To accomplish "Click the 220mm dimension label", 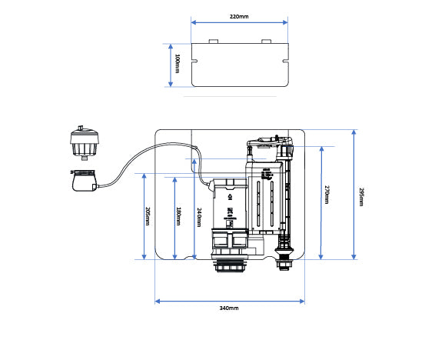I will coord(240,16).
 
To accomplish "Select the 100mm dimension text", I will coord(177,65).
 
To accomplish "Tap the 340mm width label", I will coord(229,308).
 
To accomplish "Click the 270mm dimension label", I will coord(326,195).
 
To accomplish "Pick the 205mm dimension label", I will coord(148,217).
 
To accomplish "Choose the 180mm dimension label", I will coord(179,217).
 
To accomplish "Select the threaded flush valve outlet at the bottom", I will coord(229,265).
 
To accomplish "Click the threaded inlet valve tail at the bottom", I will coord(284,262).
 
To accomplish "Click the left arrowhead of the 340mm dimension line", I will coord(158,300).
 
